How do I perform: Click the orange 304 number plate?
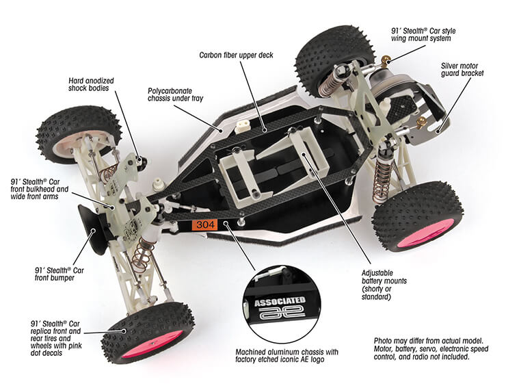click(205, 223)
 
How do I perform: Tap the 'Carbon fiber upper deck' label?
click(237, 54)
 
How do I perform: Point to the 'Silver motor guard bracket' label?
click(459, 70)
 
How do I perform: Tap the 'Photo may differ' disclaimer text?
click(430, 348)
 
